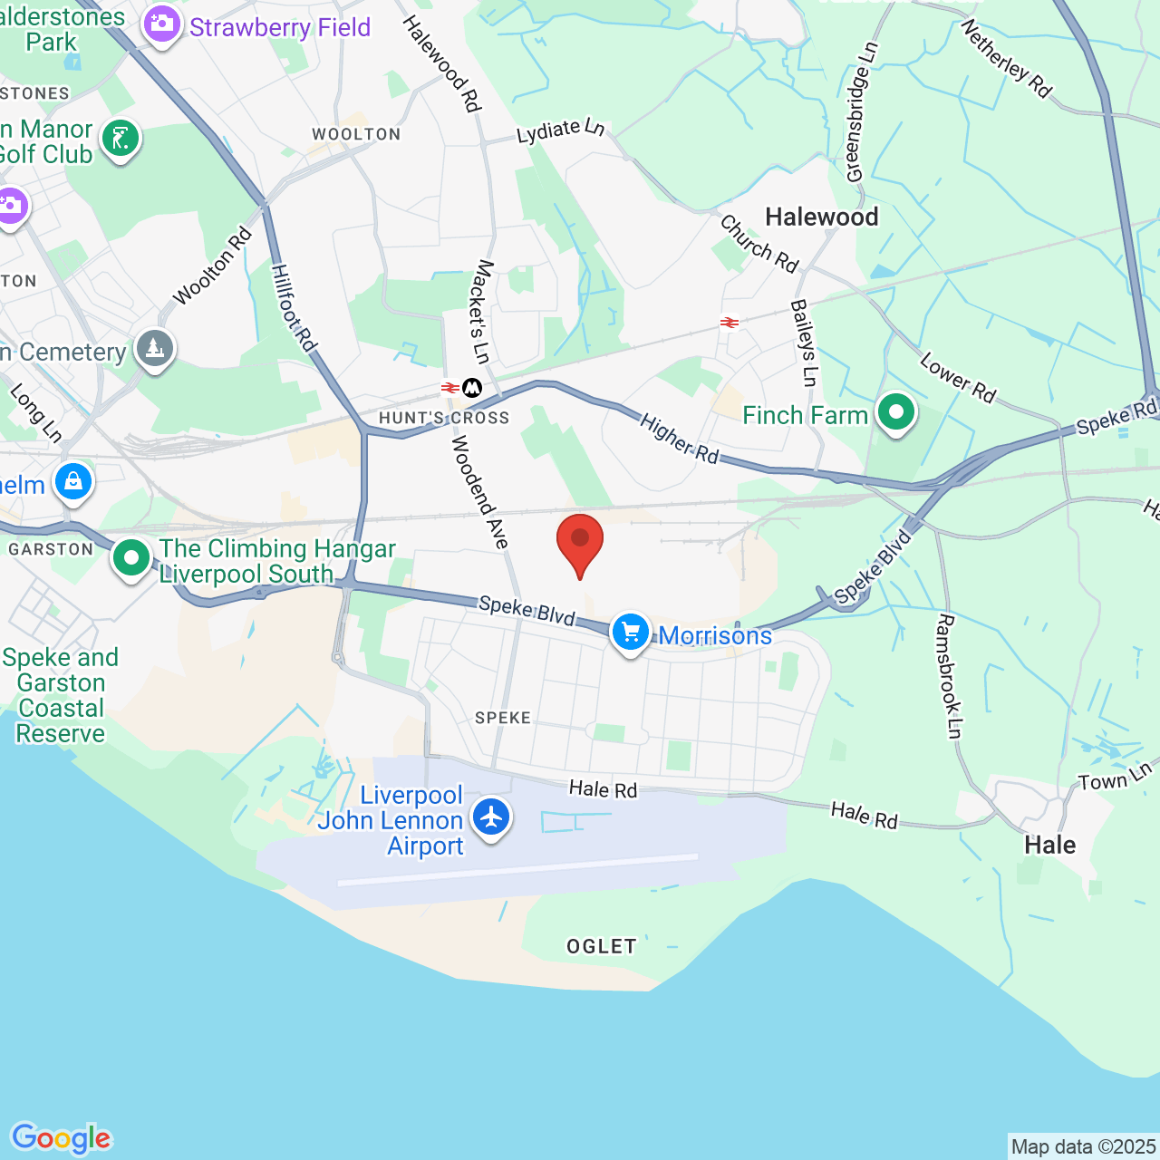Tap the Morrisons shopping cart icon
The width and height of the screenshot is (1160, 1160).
pyautogui.click(x=631, y=633)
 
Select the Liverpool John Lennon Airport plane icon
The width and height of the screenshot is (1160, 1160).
pyautogui.click(x=491, y=817)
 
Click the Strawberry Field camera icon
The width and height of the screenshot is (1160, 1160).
pyautogui.click(x=162, y=24)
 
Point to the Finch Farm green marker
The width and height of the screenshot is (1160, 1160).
pyautogui.click(x=896, y=413)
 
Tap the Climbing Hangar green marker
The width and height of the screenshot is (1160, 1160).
pyautogui.click(x=131, y=558)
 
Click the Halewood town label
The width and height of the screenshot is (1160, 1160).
pyautogui.click(x=821, y=217)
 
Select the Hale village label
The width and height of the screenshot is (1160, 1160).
pyautogui.click(x=1049, y=846)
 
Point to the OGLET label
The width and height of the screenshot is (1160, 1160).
pyautogui.click(x=601, y=947)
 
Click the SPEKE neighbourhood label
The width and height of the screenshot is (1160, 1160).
pyautogui.click(x=503, y=718)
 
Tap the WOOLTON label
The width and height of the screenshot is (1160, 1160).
pyautogui.click(x=356, y=134)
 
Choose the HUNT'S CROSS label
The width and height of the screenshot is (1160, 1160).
pyautogui.click(x=444, y=418)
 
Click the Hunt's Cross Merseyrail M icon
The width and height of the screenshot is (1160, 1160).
pyautogui.click(x=472, y=388)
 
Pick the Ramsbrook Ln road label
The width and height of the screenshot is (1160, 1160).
pyautogui.click(x=948, y=676)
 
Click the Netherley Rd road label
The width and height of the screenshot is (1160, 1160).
pyautogui.click(x=1006, y=59)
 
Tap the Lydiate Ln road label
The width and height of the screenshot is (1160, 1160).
pyautogui.click(x=560, y=130)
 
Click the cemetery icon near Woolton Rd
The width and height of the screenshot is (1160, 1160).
pyautogui.click(x=155, y=348)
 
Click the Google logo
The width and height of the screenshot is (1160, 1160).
pyautogui.click(x=62, y=1138)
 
